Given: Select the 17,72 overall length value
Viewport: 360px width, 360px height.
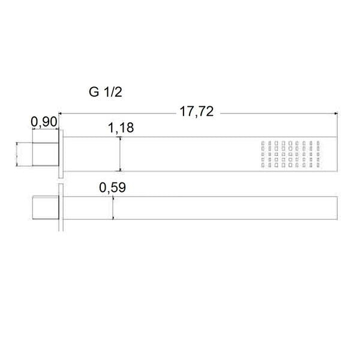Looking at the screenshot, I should [197, 111].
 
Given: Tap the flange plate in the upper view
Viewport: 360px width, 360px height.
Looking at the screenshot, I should [61, 154].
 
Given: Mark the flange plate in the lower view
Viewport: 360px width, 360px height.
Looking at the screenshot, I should [61, 208].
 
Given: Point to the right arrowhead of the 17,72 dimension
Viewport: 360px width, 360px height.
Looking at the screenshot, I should [337, 112].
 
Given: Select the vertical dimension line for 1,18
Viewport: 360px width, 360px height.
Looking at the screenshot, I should [121, 154].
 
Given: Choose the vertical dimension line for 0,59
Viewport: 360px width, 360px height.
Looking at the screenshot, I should [113, 208].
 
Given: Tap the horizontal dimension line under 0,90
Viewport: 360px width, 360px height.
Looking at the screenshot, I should [44, 131].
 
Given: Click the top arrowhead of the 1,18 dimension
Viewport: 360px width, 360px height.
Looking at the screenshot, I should [121, 138].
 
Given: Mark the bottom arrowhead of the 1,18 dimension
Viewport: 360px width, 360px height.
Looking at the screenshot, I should [121, 170].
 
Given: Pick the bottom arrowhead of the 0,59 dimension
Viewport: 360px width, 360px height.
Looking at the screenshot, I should [113, 220].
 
